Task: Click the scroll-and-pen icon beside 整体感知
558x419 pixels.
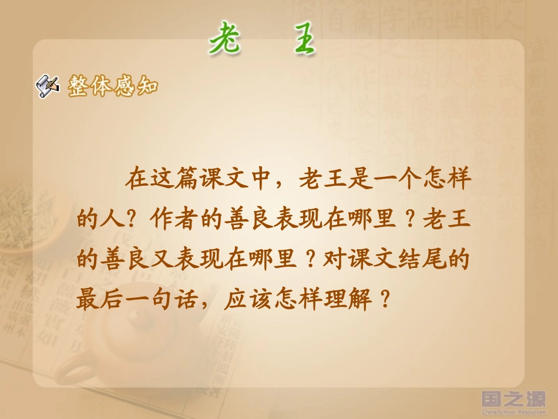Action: click(x=48, y=86)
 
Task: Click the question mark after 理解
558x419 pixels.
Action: click(x=385, y=301)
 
